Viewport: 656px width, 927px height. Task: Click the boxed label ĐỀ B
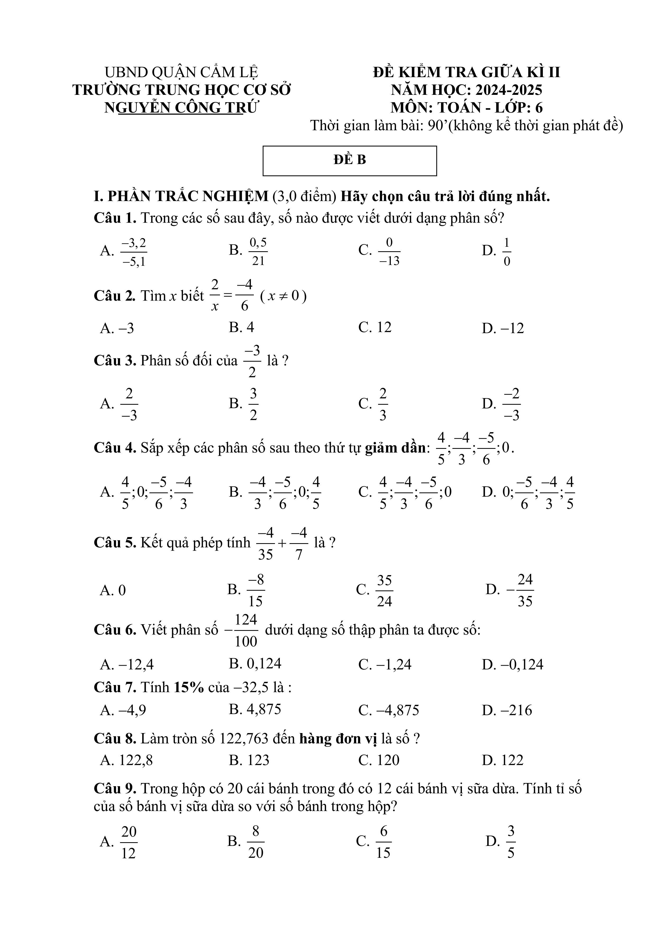tap(350, 160)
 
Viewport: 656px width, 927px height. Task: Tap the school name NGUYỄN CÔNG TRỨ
tap(181, 108)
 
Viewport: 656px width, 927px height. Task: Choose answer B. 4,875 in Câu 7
tap(255, 709)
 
